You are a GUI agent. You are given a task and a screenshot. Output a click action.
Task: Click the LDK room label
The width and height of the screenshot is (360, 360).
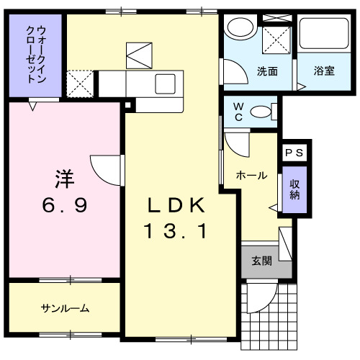[176, 206]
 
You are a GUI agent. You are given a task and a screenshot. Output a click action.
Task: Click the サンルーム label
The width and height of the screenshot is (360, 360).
[64, 308]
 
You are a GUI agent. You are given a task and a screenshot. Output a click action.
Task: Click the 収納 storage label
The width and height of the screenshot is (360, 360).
[294, 189]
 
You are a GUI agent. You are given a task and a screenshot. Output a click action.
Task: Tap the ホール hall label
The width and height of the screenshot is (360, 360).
[251, 175]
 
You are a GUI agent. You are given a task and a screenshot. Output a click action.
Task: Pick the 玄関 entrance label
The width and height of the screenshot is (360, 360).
[261, 261]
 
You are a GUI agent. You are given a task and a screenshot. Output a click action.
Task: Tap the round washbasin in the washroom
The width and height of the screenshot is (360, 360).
[238, 30]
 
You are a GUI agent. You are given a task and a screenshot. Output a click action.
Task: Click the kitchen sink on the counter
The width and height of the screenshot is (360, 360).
[164, 81]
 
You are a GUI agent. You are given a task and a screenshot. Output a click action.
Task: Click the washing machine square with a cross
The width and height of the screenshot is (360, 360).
[274, 35]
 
